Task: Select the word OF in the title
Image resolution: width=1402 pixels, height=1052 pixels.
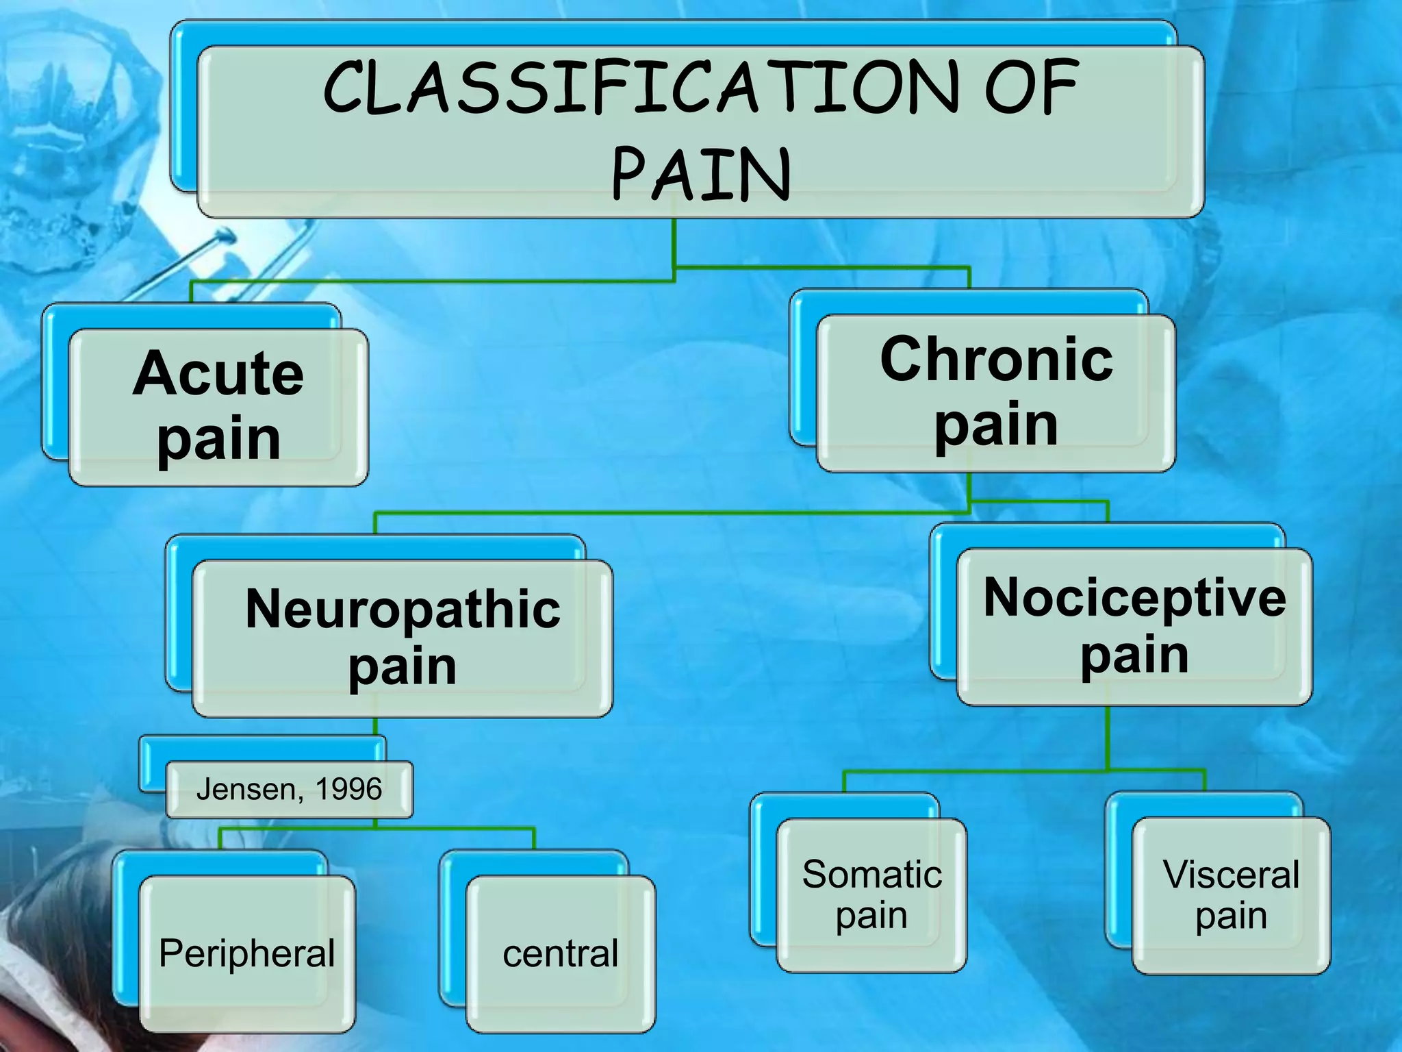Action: [x=1032, y=88]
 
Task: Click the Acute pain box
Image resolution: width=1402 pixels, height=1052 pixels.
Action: [x=218, y=408]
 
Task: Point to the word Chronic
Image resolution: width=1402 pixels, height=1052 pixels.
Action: [x=996, y=360]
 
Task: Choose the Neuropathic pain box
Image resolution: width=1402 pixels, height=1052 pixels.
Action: [x=403, y=638]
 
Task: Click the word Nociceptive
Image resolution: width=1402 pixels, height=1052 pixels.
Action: [x=1134, y=598]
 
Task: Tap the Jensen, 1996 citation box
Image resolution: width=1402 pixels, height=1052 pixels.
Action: [x=289, y=789]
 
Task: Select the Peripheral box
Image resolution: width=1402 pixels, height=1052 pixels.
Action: [x=247, y=953]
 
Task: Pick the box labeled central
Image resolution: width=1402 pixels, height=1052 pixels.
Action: [x=561, y=953]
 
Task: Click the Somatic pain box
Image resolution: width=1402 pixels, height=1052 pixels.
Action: [x=871, y=895]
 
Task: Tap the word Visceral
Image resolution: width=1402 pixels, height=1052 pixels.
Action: [x=1231, y=875]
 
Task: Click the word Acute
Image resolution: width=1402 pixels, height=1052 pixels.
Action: [x=218, y=374]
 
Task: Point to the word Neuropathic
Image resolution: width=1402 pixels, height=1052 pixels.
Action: [x=403, y=609]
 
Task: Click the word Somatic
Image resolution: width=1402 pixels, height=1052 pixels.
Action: [x=871, y=875]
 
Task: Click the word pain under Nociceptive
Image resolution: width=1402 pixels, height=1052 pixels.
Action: [x=1134, y=655]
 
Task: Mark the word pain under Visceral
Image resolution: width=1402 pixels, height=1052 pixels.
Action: [x=1231, y=916]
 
